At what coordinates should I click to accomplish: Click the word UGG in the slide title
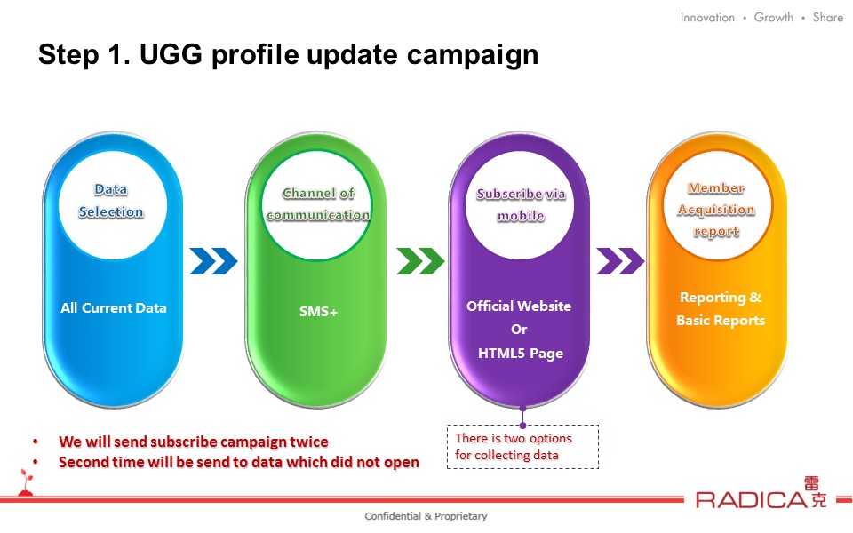pyautogui.click(x=171, y=54)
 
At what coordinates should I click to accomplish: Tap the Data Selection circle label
pyautogui.click(x=111, y=201)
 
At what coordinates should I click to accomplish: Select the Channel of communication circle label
pyautogui.click(x=318, y=204)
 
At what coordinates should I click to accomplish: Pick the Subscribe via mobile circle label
pyautogui.click(x=521, y=204)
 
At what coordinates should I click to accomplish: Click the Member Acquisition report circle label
pyautogui.click(x=716, y=210)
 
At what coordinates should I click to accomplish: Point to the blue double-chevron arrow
pyautogui.click(x=213, y=261)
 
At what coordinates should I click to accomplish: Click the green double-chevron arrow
pyautogui.click(x=420, y=261)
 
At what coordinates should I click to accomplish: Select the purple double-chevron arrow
pyautogui.click(x=620, y=261)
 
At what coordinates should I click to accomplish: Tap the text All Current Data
pyautogui.click(x=113, y=308)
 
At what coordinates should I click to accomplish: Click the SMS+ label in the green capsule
pyautogui.click(x=318, y=312)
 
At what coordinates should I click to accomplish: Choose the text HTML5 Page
pyautogui.click(x=521, y=354)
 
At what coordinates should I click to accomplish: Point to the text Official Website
pyautogui.click(x=519, y=306)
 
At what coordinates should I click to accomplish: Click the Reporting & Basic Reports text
pyautogui.click(x=721, y=309)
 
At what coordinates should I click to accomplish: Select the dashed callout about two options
pyautogui.click(x=522, y=447)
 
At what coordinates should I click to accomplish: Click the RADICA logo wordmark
pyautogui.click(x=752, y=499)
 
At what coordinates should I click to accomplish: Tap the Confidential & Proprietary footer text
pyautogui.click(x=426, y=516)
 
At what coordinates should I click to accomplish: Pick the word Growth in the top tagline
pyautogui.click(x=774, y=18)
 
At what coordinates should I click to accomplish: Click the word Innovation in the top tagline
pyautogui.click(x=707, y=18)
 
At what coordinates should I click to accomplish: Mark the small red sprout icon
pyautogui.click(x=26, y=481)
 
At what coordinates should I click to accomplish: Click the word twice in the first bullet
pyautogui.click(x=309, y=442)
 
